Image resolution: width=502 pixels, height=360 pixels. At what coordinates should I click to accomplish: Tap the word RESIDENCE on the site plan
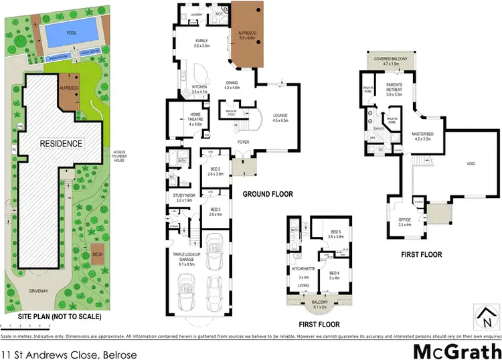tap(60, 143)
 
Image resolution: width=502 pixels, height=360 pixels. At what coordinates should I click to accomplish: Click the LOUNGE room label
tap(280, 118)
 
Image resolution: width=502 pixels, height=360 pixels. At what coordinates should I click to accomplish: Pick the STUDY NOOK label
tap(183, 197)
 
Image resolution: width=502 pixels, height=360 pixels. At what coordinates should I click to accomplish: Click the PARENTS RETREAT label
tap(398, 92)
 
